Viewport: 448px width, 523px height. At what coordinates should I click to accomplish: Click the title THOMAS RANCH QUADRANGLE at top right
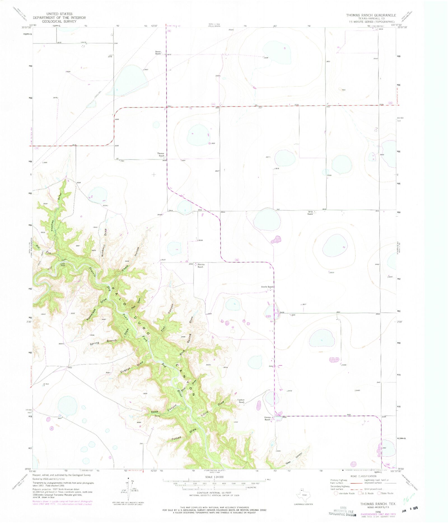(371, 15)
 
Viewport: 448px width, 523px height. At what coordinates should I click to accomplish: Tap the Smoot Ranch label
(158, 53)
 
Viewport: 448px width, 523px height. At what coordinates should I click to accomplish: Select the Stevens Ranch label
(201, 266)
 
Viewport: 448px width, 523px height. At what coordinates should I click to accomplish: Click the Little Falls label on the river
(63, 264)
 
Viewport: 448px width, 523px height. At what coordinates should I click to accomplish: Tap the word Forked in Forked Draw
(176, 439)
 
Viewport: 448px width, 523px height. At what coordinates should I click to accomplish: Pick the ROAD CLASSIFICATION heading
(363, 476)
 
